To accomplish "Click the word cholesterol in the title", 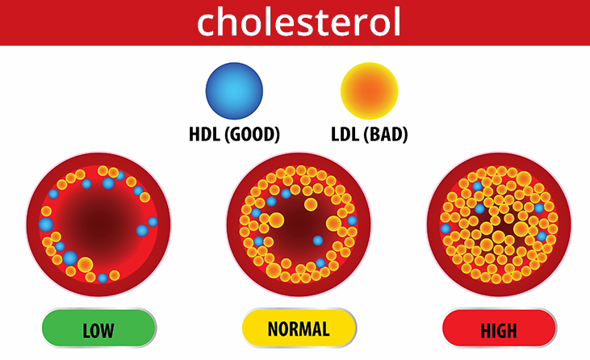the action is [x=299, y=23].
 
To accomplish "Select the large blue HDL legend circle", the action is [x=234, y=91].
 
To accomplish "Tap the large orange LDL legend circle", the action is [x=369, y=91].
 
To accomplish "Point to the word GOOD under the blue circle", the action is [x=252, y=134].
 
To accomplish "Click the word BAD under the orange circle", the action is [x=386, y=134].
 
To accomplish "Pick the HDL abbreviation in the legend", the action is [x=204, y=134].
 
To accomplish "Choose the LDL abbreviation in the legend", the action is [x=345, y=134].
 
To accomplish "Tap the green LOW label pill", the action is [x=99, y=328].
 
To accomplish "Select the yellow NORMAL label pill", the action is [x=299, y=328].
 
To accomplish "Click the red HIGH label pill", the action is [x=500, y=328].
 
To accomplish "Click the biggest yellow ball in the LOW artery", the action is [x=86, y=265].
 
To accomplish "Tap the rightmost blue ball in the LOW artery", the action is [x=153, y=221].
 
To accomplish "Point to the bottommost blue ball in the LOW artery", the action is [x=103, y=278].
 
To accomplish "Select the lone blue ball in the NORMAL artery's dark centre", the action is [x=318, y=241].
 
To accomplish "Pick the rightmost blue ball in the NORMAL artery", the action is [x=352, y=220].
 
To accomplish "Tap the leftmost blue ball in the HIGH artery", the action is [x=446, y=228].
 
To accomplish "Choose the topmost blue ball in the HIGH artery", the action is [x=477, y=186].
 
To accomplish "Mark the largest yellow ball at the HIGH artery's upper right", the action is [x=524, y=179].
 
